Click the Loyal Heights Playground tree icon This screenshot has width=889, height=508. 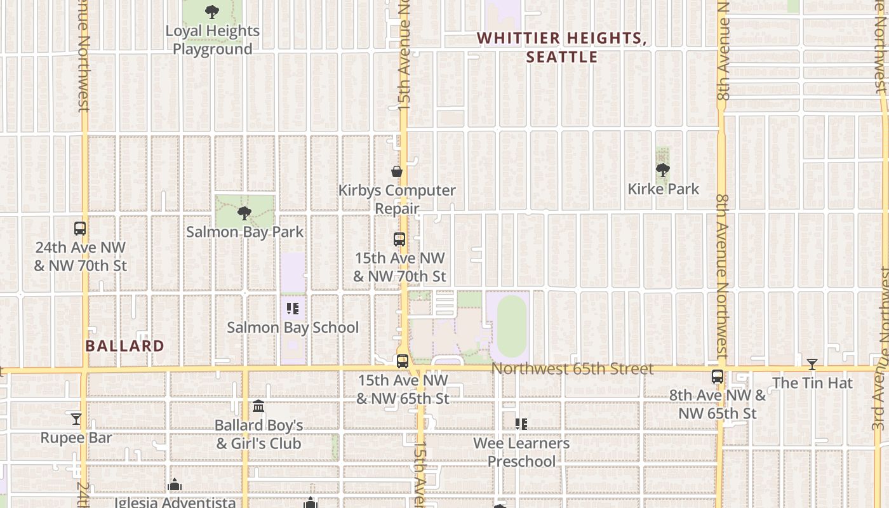212,11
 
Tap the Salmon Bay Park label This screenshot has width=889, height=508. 245,232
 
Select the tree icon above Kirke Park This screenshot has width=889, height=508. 663,170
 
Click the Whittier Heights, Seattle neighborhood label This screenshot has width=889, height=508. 562,48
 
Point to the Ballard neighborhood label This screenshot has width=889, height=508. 125,346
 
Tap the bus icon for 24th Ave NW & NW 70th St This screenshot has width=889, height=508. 80,229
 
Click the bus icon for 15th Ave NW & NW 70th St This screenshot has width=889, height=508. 399,239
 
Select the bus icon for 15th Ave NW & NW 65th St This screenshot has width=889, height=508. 403,361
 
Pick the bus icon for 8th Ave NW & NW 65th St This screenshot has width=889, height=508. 718,377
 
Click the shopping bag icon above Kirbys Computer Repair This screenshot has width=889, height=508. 397,171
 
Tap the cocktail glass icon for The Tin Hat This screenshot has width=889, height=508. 812,364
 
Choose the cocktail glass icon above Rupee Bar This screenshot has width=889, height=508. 76,419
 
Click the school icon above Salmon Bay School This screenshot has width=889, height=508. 293,309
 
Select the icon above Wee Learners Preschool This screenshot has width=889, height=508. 521,424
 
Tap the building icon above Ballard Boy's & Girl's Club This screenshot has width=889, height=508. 258,406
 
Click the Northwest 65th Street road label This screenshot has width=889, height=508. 572,369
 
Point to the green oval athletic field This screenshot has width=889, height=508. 512,326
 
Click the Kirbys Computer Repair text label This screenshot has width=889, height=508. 397,199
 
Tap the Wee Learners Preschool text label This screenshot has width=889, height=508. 521,452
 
